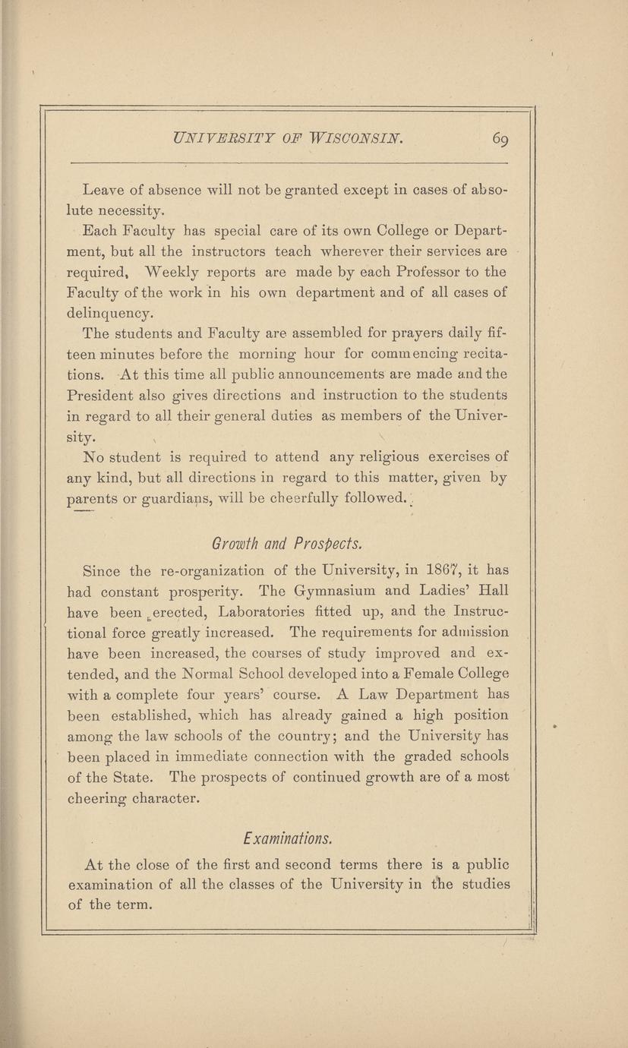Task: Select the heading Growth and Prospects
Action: pos(286,545)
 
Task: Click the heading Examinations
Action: pos(286,839)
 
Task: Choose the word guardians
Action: pos(159,499)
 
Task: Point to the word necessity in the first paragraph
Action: pos(123,210)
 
